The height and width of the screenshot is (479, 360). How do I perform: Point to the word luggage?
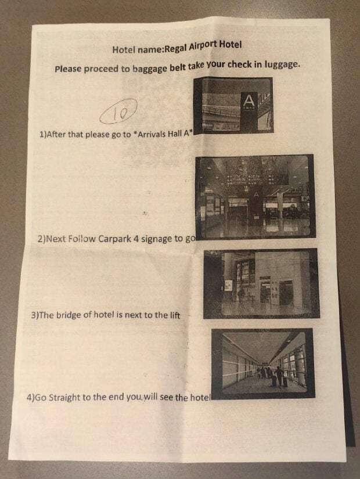280,64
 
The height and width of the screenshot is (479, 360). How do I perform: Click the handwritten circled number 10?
118,112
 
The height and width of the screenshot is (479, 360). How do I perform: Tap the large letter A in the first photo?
249,100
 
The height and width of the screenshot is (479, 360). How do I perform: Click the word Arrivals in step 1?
153,134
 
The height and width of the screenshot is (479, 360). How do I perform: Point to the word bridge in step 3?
69,315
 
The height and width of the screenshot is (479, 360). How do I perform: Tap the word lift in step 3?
175,315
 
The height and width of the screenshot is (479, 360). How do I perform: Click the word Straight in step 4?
64,398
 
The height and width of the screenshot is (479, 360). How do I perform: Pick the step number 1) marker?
43,135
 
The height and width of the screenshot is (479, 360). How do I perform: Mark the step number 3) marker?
35,315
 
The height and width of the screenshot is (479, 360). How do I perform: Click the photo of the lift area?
262,284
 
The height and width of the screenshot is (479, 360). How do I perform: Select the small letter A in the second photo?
256,195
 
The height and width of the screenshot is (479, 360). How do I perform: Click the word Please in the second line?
68,69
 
